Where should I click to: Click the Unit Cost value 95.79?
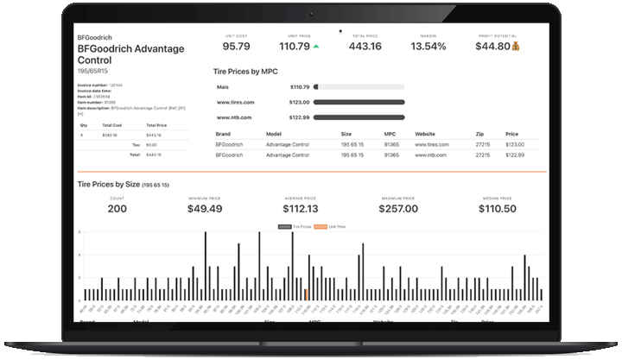point(236,46)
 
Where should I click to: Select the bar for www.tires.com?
point(359,102)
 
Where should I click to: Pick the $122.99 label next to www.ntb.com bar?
point(299,117)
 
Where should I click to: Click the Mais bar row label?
point(222,87)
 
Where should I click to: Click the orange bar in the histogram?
point(306,294)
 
